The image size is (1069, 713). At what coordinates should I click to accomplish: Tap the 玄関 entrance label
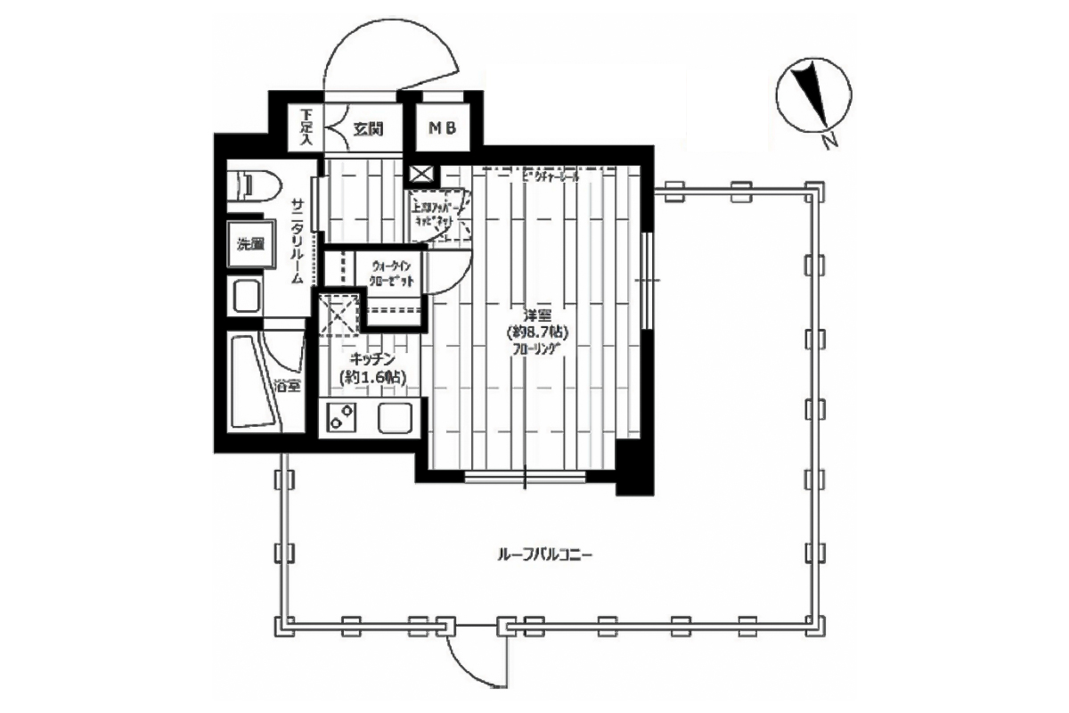point(367,129)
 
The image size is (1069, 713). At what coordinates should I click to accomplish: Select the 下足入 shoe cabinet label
point(306,128)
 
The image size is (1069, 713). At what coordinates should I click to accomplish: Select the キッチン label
point(371,358)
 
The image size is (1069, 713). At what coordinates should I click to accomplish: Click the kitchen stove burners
point(339,416)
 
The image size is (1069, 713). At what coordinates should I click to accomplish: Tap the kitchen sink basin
point(393,416)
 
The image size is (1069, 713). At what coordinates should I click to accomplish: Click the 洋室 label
point(537,315)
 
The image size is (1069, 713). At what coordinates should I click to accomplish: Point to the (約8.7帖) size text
point(537,332)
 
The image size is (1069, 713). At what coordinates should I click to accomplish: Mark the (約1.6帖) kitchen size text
point(373,377)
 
